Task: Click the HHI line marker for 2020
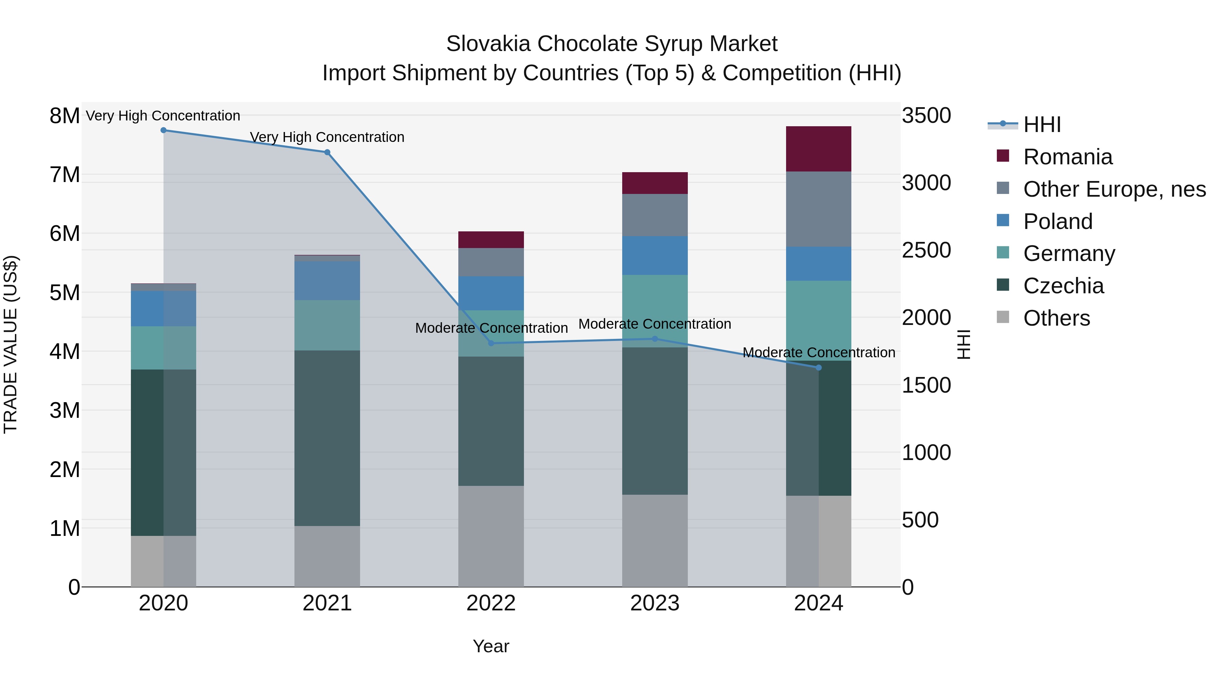coord(164,130)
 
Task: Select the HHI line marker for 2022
coord(491,343)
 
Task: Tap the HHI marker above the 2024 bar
coord(818,367)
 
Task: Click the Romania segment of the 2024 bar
coord(818,149)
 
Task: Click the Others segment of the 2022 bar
coord(491,536)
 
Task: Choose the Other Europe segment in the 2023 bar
coord(655,215)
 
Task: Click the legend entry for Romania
coord(1067,157)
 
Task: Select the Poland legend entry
coord(1058,222)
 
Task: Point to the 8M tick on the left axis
coord(65,116)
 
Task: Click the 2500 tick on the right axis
coord(926,250)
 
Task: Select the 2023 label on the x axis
coord(655,603)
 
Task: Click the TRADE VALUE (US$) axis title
coord(11,344)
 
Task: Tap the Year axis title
coord(491,646)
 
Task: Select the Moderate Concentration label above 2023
coord(655,324)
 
